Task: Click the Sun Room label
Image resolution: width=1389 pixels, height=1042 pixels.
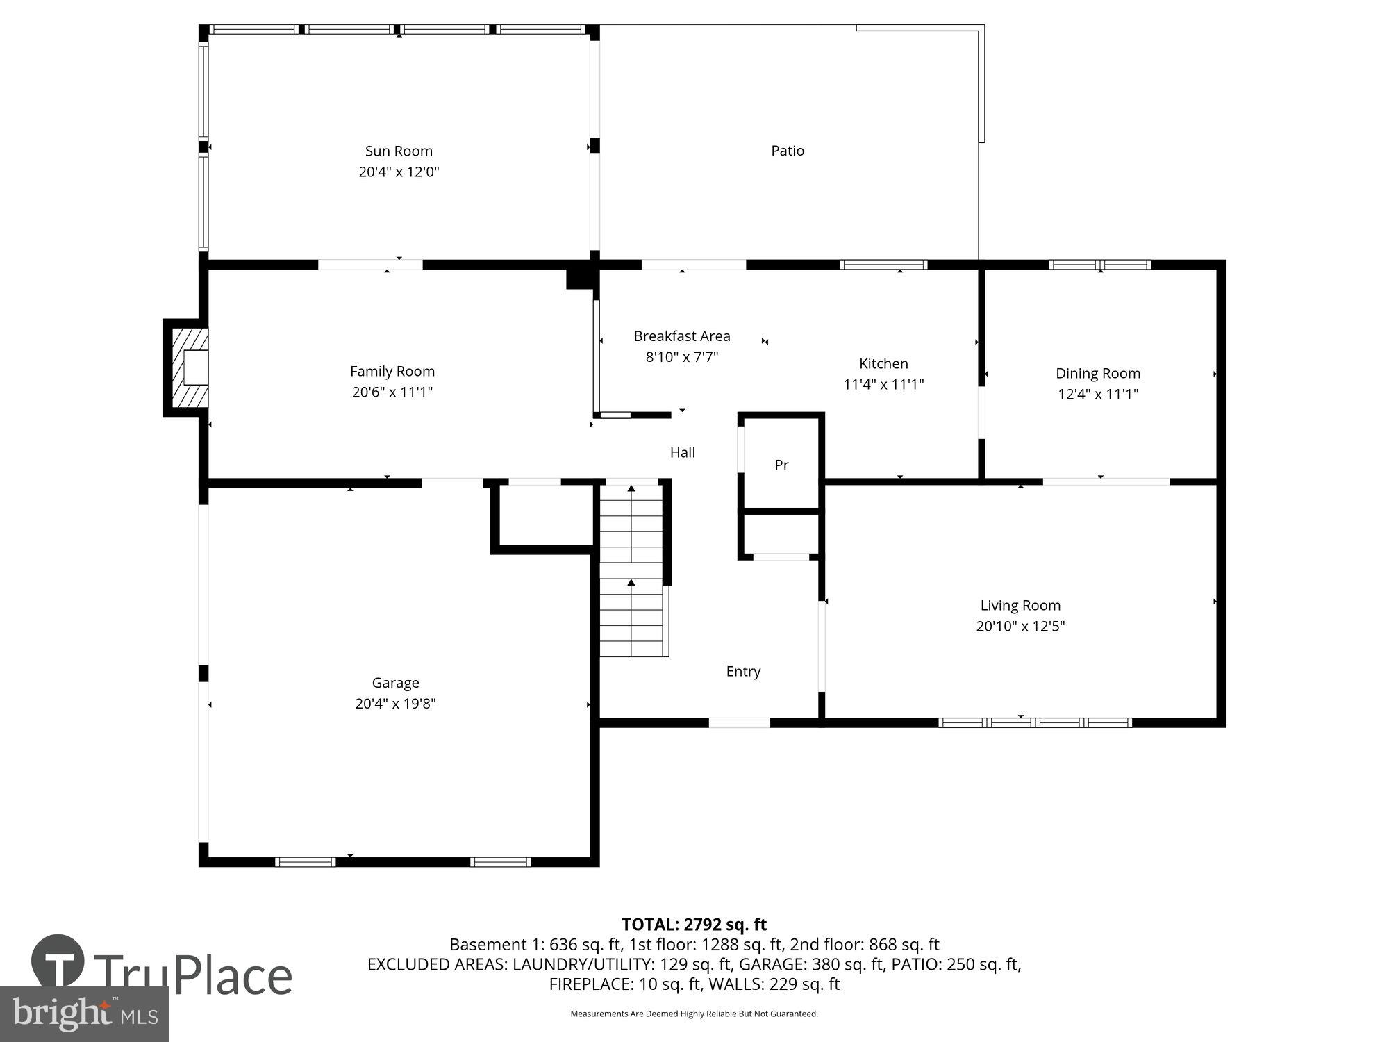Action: coord(399,151)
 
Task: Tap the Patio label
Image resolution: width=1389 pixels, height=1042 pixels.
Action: coord(788,151)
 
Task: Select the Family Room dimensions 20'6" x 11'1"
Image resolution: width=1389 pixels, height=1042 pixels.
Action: coord(392,392)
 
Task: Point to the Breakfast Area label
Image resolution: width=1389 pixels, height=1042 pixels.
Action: coord(681,336)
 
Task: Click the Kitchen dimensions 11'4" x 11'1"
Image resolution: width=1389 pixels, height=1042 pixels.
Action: coord(883,384)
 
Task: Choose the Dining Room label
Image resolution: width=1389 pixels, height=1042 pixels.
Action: coord(1097,373)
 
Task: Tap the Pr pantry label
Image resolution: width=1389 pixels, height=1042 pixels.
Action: coord(781,465)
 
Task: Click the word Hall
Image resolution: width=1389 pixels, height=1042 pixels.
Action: coord(682,453)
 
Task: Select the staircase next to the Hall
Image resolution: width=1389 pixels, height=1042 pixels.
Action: coord(631,570)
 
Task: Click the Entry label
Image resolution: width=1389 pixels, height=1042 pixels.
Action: coord(743,671)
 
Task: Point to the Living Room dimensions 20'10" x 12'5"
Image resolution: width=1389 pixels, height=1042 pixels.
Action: coord(1020,626)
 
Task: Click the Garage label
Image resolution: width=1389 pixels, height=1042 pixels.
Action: coord(395,683)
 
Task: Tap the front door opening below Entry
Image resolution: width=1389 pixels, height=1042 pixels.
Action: coord(739,722)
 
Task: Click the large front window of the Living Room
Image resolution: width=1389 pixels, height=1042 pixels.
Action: coord(1035,722)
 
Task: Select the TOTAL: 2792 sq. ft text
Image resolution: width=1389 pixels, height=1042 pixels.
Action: coord(694,925)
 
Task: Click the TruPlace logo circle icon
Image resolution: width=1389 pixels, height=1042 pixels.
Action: coord(58,963)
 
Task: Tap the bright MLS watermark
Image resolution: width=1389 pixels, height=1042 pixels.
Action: coord(84,1014)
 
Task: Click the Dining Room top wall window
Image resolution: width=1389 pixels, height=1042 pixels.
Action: coord(1099,265)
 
